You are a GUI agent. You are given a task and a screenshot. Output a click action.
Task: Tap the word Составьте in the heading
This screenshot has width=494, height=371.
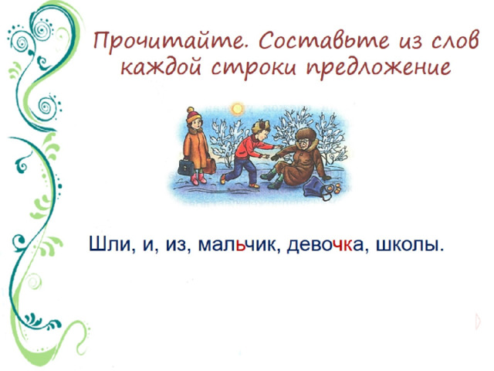pos(324,41)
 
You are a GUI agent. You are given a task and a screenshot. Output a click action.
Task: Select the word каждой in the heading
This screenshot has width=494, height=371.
pos(161,67)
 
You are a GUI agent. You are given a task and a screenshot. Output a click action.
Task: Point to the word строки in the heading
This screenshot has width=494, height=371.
pos(253,68)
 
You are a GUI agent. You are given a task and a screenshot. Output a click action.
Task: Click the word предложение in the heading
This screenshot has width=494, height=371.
pos(378,67)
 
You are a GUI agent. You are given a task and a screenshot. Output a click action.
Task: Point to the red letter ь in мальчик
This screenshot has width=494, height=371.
pos(241,246)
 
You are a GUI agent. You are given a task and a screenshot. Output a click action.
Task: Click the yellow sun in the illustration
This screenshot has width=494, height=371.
pos(237,109)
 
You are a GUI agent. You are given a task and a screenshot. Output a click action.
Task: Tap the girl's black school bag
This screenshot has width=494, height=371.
pos(186,167)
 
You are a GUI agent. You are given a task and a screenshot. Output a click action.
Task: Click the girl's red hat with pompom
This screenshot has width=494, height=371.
pos(192,115)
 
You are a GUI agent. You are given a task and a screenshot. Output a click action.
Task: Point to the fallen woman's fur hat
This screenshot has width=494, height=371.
pos(306,134)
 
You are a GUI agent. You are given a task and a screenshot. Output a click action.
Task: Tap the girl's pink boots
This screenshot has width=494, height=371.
pos(198,179)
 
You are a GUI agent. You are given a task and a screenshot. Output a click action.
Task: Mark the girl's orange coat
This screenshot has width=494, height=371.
pos(196,149)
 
